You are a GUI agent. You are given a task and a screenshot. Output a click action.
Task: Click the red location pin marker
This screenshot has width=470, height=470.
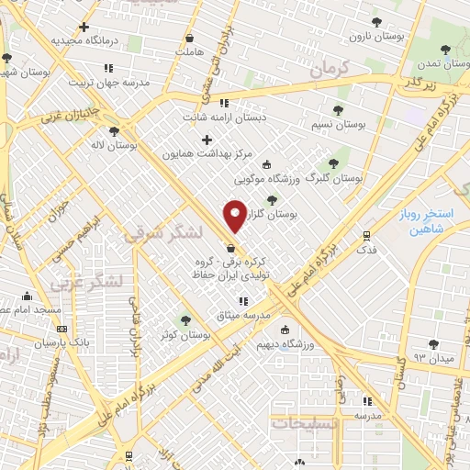coord(236,216)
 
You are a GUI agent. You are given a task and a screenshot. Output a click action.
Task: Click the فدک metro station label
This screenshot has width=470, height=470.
coord(365,250)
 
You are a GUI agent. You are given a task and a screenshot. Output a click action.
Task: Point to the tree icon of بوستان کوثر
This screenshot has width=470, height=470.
coord(186,320)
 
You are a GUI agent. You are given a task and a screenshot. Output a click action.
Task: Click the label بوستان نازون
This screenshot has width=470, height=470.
coord(372,37)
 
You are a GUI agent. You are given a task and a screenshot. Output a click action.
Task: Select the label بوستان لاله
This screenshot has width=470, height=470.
coord(115,145)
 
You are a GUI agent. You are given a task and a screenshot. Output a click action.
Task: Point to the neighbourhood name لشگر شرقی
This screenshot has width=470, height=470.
coord(156,236)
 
